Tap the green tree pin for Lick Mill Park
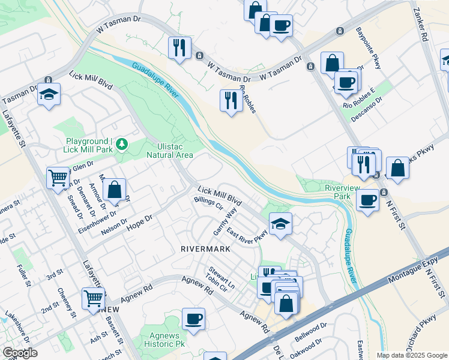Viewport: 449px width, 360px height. (122, 143)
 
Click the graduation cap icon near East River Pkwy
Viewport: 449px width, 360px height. (280, 224)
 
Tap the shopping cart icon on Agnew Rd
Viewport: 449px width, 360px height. (93, 297)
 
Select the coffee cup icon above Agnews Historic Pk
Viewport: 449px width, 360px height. (193, 319)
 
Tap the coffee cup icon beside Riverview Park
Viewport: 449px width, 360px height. (367, 200)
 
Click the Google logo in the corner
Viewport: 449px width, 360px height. (19, 353)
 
